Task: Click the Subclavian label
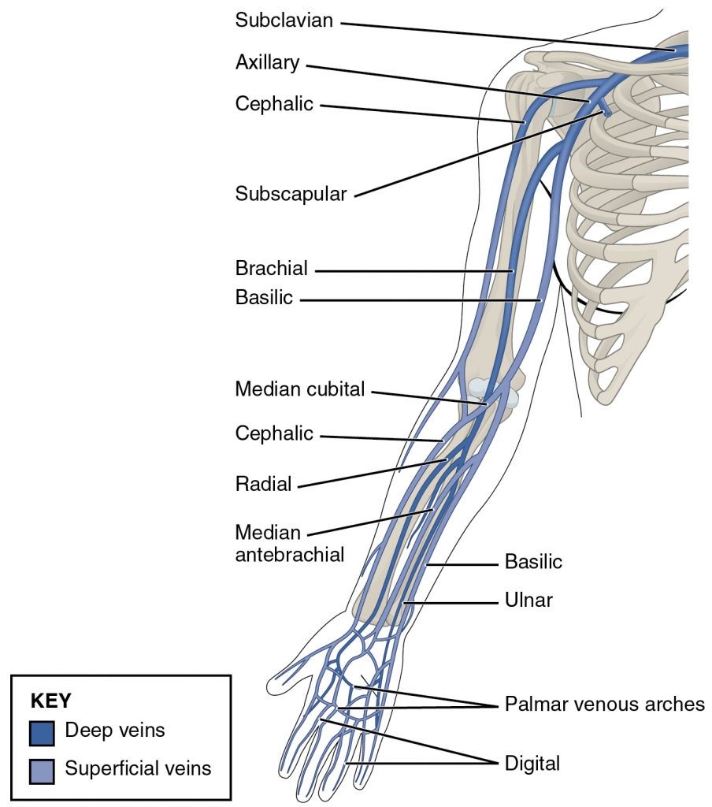pyautogui.click(x=284, y=20)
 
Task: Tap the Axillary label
pyautogui.click(x=268, y=63)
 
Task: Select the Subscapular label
pyautogui.click(x=291, y=194)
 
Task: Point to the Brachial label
pyautogui.click(x=272, y=268)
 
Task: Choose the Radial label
pyautogui.click(x=263, y=484)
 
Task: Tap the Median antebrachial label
pyautogui.click(x=289, y=544)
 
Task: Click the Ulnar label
pyautogui.click(x=528, y=601)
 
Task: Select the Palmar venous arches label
pyautogui.click(x=604, y=704)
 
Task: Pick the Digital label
pyautogui.click(x=532, y=763)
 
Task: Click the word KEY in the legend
pyautogui.click(x=50, y=701)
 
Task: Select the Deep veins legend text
pyautogui.click(x=115, y=731)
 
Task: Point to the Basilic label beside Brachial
pyautogui.click(x=264, y=298)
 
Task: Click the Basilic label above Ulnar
pyautogui.click(x=533, y=563)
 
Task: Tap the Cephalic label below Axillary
pyautogui.click(x=274, y=104)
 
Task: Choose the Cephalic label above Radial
pyautogui.click(x=274, y=433)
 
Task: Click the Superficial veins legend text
pyautogui.click(x=139, y=768)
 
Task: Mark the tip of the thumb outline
pyautogui.click(x=270, y=683)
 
